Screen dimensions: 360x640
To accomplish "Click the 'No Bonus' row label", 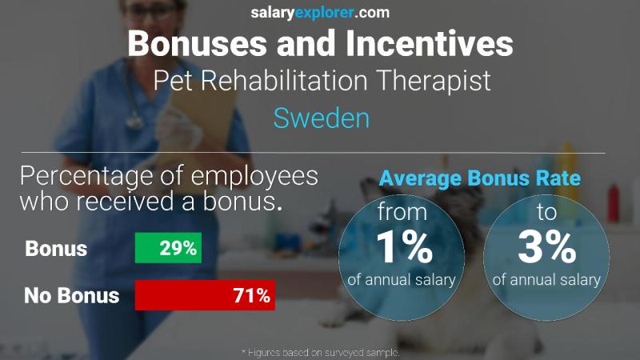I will pos(72,296).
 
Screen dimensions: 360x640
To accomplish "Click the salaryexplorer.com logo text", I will pos(320,12).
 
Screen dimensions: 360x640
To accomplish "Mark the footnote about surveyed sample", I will pos(320,352).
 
